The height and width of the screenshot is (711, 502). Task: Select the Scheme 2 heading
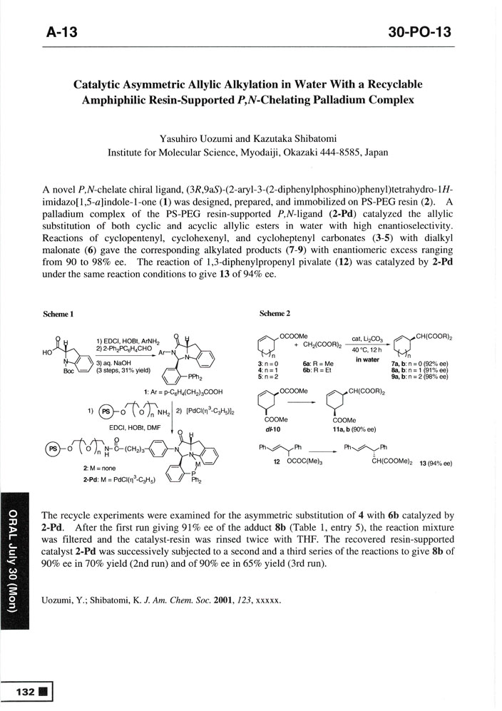click(275, 314)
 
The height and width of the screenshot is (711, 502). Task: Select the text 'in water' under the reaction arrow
click(367, 360)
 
